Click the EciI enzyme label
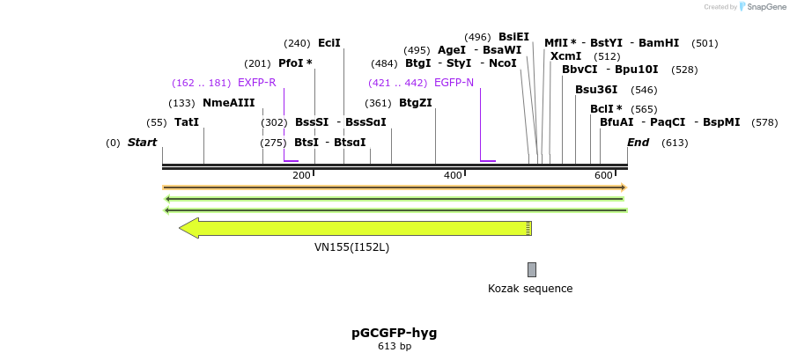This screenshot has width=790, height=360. pos(329,43)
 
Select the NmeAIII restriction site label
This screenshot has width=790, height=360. pos(228,103)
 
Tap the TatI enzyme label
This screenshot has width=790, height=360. pos(187,122)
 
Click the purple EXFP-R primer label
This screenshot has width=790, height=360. pos(256,83)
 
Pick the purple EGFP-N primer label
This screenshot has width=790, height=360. pos(454,83)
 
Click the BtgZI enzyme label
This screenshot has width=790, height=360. pos(416,103)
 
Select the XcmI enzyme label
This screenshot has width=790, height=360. pos(565,56)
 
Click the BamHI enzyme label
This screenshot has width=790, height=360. pos(659,43)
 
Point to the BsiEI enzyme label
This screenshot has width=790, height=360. pos(513,37)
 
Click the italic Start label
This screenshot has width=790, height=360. pos(142,143)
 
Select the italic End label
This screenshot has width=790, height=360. pos(638,143)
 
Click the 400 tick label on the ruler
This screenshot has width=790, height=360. pos(453,176)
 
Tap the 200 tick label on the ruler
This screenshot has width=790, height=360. pos(301,176)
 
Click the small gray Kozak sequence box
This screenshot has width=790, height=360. pos(531,269)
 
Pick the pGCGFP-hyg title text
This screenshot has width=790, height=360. pos(395,333)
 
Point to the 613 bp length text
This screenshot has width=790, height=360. pos(395,347)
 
